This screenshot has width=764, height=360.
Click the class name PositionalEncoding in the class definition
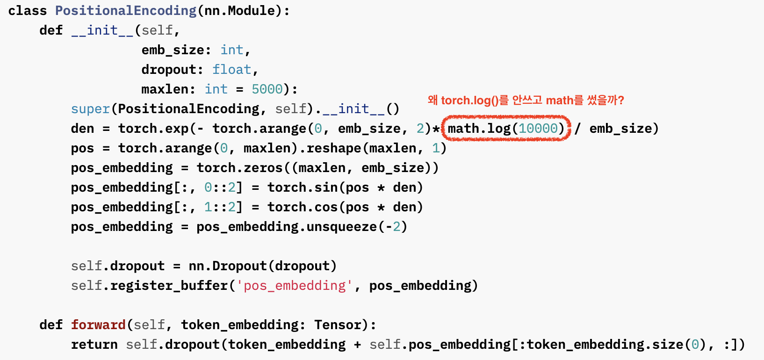pos(126,11)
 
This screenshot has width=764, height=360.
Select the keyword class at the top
pos(28,11)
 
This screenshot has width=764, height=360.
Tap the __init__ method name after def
pos(102,31)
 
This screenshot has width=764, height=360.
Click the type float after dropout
pos(232,70)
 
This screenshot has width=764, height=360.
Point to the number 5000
pos(267,89)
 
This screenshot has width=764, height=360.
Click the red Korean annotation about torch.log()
pos(526,100)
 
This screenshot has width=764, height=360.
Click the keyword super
pos(90,109)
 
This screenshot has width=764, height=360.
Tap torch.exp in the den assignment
pos(153,129)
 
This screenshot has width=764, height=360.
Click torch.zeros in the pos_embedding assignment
pos(240,168)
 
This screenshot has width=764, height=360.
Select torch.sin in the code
pos(303,187)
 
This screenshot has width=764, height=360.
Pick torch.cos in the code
pos(303,207)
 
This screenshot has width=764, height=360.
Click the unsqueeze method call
pos(342,227)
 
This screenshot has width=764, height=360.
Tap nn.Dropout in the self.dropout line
pos(228,266)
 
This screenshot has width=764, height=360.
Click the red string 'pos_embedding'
pos(295,286)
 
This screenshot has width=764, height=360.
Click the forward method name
pos(98,325)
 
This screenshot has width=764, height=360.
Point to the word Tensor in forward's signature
pos(338,325)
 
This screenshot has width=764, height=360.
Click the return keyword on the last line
pos(94,345)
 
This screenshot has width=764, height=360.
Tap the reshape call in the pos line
pos(334,148)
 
